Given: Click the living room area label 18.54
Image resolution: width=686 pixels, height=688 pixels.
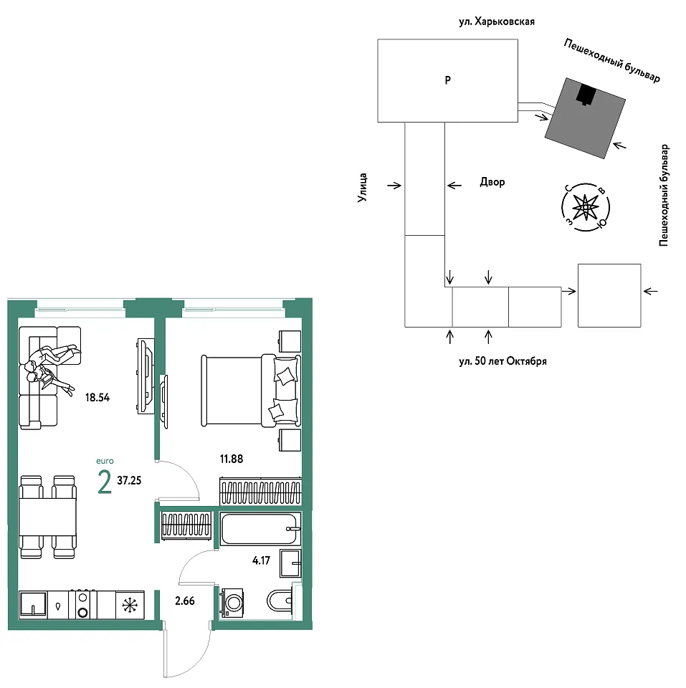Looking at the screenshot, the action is click(x=97, y=398).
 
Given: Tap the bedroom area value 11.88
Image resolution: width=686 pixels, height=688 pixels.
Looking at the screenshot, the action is click(x=232, y=459).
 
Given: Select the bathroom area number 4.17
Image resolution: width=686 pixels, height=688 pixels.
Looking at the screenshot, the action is click(x=261, y=560).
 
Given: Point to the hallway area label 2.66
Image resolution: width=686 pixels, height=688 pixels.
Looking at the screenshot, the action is click(x=185, y=601).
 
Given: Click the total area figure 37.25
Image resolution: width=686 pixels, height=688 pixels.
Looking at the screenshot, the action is click(x=129, y=480).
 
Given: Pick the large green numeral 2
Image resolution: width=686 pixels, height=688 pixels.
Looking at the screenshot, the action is click(x=105, y=482).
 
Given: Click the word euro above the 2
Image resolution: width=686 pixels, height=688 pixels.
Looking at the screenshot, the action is click(x=105, y=461).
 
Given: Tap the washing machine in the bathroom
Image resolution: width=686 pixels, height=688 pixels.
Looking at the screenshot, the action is click(x=232, y=603).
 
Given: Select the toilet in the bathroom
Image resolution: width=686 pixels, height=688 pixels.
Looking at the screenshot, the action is click(x=279, y=601).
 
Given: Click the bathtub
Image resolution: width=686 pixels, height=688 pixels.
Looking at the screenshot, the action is click(x=260, y=529).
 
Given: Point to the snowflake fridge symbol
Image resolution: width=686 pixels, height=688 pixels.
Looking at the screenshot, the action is click(x=130, y=606).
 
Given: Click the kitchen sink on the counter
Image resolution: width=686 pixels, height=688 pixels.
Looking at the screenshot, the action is click(x=34, y=605).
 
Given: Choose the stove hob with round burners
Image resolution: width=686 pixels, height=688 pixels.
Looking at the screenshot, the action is click(x=82, y=605).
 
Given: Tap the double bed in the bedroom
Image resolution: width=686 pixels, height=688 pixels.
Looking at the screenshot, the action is click(x=251, y=391).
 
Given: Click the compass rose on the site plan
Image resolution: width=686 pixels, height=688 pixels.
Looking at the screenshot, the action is click(x=586, y=206).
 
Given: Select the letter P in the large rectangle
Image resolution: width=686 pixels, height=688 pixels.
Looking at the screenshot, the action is click(x=448, y=80).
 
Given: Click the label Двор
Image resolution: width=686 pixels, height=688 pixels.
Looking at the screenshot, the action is click(x=492, y=181).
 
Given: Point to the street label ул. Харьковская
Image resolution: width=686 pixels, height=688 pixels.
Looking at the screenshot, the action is click(x=497, y=21).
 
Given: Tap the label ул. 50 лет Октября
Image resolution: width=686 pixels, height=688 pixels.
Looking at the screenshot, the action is click(x=503, y=361).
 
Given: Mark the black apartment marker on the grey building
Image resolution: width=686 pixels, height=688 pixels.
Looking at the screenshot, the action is click(x=586, y=94).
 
